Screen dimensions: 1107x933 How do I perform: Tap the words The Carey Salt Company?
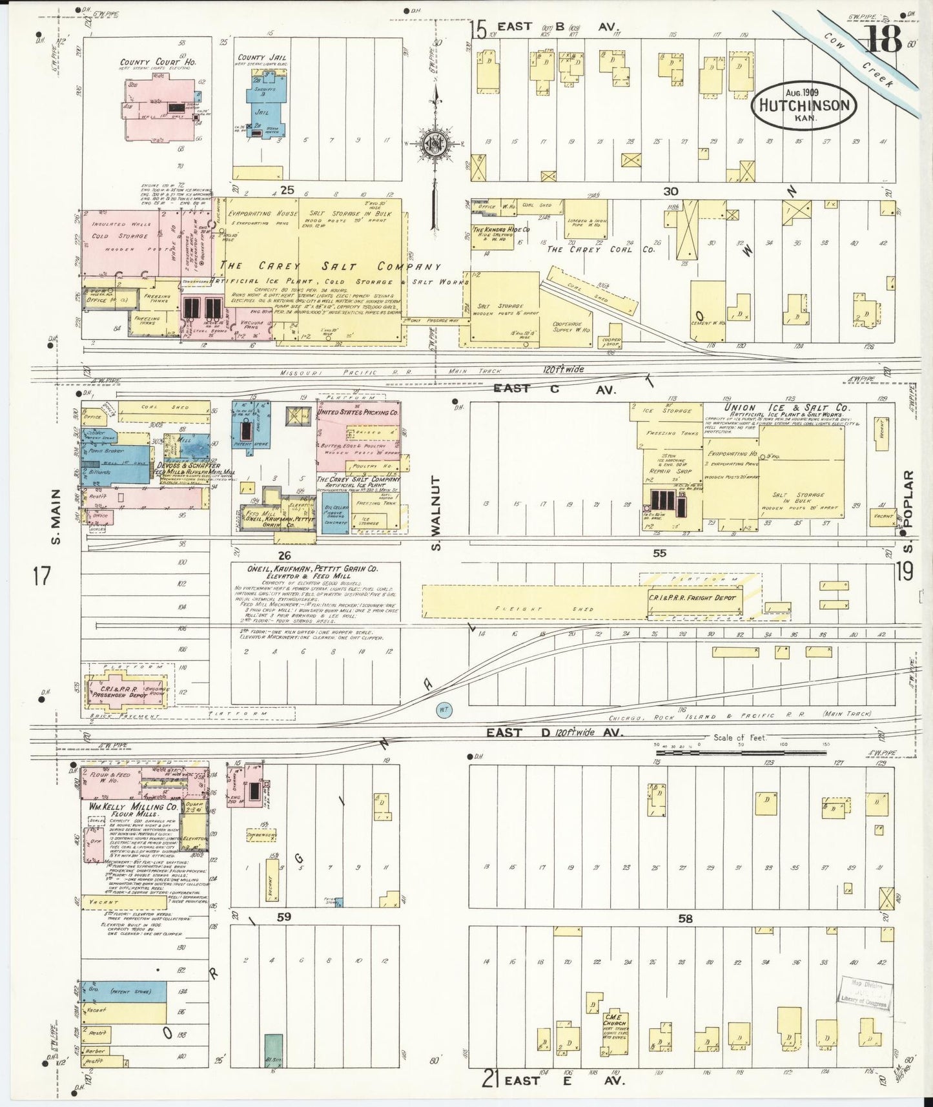click(x=330, y=267)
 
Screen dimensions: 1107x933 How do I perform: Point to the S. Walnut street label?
click(x=436, y=514)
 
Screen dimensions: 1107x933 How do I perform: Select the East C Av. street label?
click(x=555, y=389)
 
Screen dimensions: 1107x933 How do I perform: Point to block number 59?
click(x=283, y=916)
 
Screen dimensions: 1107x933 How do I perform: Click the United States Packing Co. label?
click(x=357, y=412)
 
